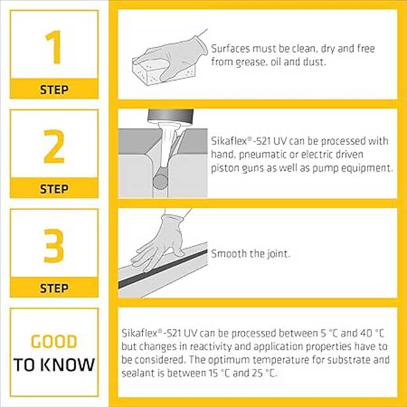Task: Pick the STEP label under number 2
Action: click(x=54, y=189)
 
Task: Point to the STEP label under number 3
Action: click(x=54, y=288)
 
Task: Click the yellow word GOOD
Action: click(x=54, y=342)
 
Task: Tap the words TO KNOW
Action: click(x=55, y=365)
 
